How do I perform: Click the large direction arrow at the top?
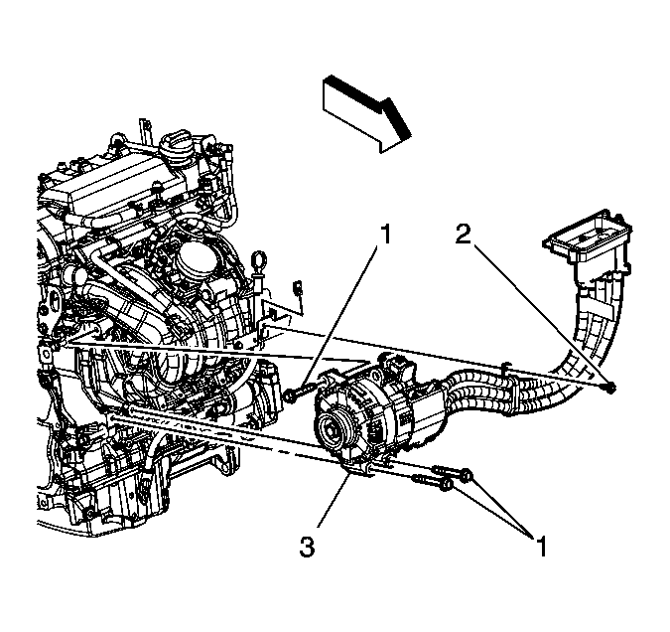364,110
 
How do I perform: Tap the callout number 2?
463,236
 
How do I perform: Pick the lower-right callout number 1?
542,544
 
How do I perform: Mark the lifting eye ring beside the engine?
262,265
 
